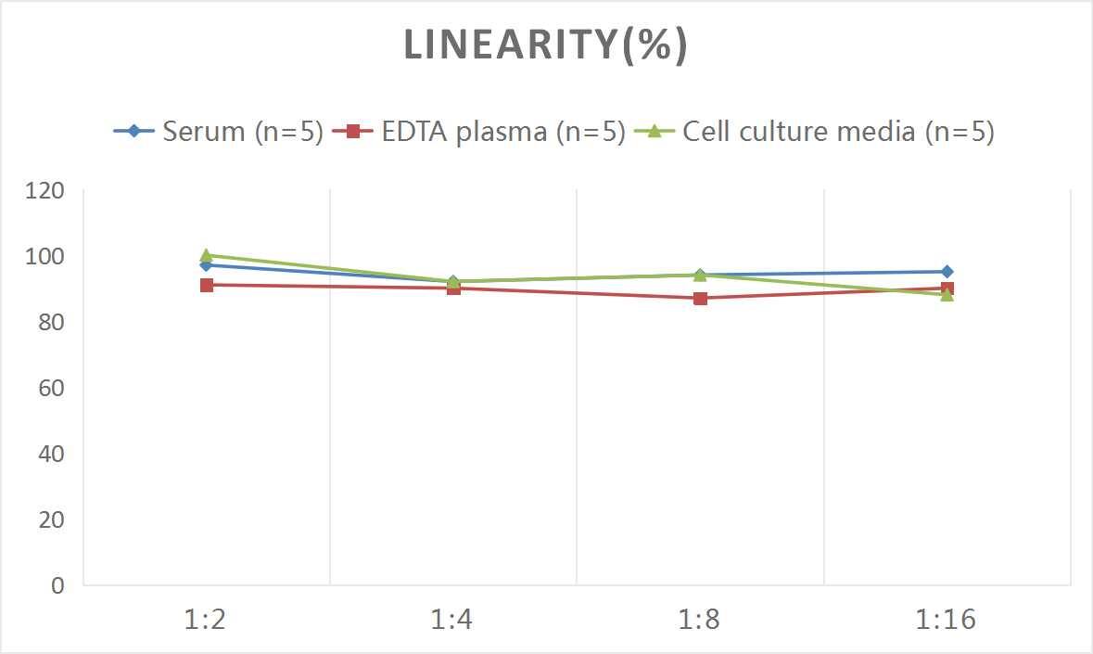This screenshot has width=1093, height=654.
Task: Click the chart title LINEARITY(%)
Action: tap(546, 45)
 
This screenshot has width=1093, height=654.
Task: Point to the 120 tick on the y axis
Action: tap(45, 191)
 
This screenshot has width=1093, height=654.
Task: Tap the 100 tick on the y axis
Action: tap(45, 256)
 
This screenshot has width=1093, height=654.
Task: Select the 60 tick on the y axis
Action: tap(51, 388)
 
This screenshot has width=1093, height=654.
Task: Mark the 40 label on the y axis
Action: tap(51, 454)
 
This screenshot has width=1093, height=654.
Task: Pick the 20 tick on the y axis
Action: tap(51, 519)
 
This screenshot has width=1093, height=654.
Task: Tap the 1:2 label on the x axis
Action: tap(206, 620)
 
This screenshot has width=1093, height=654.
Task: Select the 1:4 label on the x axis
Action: tap(452, 620)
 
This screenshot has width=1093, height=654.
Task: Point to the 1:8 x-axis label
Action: tap(700, 620)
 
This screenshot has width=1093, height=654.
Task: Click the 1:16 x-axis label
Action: tap(947, 620)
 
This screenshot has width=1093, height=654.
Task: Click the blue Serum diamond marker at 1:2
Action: tap(207, 265)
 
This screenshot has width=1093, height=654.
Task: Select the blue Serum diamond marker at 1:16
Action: tap(947, 272)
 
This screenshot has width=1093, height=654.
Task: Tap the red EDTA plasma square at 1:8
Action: tap(701, 298)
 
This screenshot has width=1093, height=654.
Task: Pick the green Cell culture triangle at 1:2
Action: tap(207, 255)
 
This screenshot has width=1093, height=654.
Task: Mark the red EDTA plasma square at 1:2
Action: tap(207, 285)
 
